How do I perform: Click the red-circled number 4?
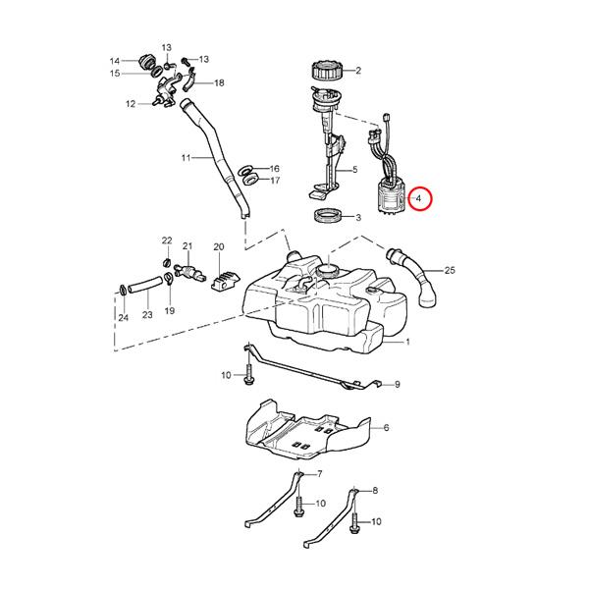420,199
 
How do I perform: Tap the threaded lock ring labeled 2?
325,70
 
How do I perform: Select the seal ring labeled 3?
327,216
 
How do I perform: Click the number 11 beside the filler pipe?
185,157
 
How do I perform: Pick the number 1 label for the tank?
407,343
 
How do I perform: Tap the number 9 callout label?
398,386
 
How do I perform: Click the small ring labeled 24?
122,289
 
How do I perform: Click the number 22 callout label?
167,241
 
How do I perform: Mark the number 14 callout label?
115,61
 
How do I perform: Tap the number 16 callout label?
274,169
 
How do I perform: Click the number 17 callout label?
274,181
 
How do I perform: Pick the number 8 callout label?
374,490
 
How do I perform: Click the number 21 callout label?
187,246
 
